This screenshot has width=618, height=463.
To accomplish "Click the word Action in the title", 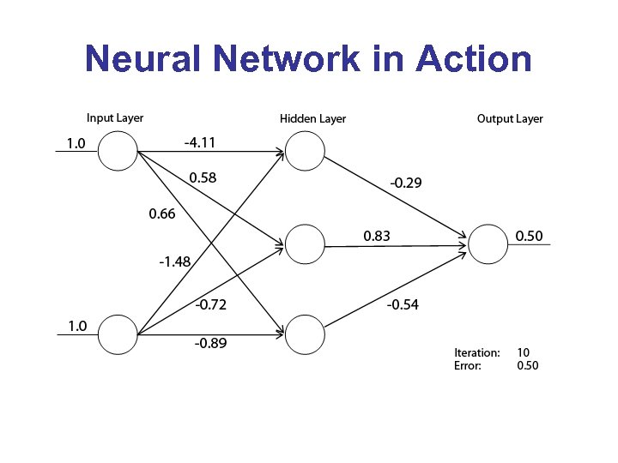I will coord(473,59).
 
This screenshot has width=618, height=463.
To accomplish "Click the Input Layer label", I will coord(115,117).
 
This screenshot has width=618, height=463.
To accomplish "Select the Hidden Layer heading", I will coord(313,118).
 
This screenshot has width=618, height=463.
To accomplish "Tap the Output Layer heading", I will coord(510,118).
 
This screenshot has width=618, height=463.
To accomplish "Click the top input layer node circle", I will coord(118,153).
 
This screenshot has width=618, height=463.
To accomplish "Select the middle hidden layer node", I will coord(306,244).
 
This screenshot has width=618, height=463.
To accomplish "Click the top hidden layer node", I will coord(306,153).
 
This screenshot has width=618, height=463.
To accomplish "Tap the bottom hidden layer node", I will coord(306,334).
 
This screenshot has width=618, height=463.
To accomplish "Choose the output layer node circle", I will coord(489,244).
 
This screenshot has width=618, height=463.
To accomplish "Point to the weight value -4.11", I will coord(200,142).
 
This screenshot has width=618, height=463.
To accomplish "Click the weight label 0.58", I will coord(203,178).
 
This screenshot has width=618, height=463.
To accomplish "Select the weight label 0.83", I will coord(376,235).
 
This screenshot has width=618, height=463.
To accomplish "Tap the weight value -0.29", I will coord(406,183).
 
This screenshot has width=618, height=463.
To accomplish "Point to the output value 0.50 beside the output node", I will coord(529,235).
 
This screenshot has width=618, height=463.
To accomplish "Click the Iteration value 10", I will coord(523,352).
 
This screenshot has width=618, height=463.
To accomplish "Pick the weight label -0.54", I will coord(403,304).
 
